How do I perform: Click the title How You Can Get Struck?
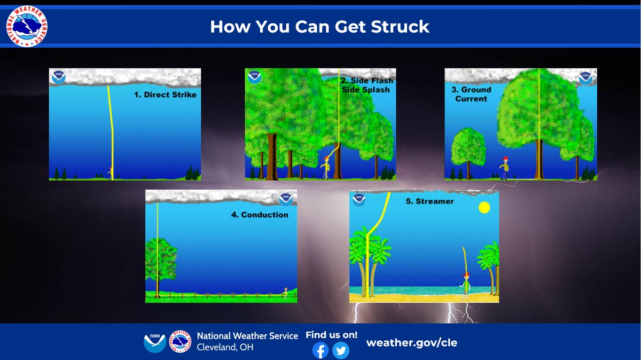(x=319, y=27)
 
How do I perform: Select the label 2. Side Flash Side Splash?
(x=366, y=85)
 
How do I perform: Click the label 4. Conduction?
(x=259, y=215)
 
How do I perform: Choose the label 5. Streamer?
(x=435, y=201)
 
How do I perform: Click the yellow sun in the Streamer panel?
(x=484, y=207)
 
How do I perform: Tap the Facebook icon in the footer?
(x=320, y=350)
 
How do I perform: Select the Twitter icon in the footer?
(x=340, y=350)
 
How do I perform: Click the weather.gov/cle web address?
(x=411, y=343)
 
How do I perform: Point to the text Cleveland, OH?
(x=225, y=347)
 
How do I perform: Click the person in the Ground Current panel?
(x=504, y=168)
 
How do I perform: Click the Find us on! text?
(x=331, y=335)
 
